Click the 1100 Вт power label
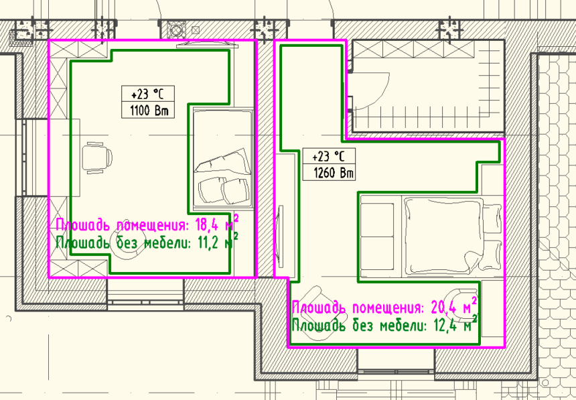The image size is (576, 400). [x=149, y=111]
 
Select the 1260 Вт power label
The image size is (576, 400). [x=333, y=172]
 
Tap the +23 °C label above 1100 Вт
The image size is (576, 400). [x=147, y=94]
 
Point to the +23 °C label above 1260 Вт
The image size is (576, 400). [x=328, y=156]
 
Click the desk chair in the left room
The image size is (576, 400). [x=97, y=157]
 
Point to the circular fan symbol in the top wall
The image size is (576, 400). [x=176, y=29]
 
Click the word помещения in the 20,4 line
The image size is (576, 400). [x=388, y=308]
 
